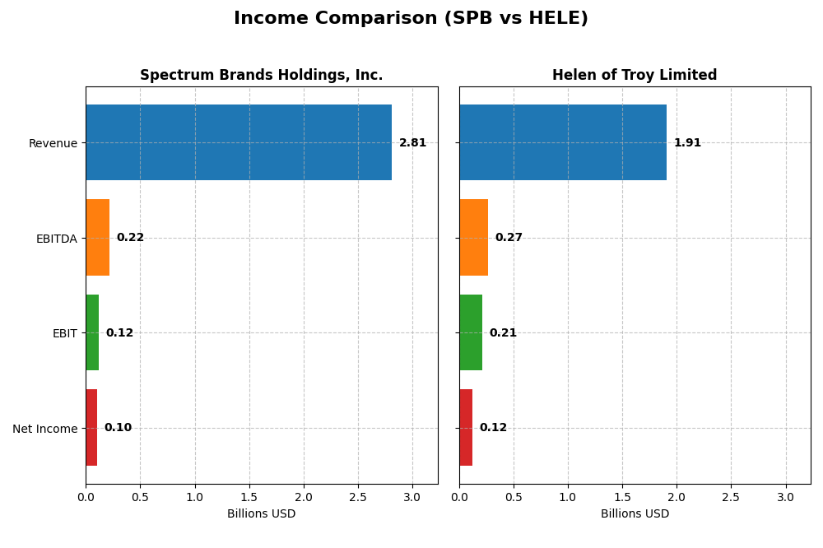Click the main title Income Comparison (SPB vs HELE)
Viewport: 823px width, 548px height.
tap(411, 18)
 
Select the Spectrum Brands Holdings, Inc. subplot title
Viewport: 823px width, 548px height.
tap(261, 75)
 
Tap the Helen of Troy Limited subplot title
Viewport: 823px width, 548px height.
tap(635, 75)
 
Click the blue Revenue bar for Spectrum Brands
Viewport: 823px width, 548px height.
tap(239, 142)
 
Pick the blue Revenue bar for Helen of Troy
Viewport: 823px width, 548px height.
tap(563, 142)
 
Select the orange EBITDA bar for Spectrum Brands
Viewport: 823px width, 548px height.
tap(98, 238)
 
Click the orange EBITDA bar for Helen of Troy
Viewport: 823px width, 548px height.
tap(474, 238)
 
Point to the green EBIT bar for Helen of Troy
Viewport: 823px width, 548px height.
tap(471, 332)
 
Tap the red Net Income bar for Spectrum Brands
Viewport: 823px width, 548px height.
tap(91, 428)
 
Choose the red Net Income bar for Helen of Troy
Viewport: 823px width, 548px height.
tap(466, 428)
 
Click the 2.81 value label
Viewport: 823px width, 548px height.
tap(412, 143)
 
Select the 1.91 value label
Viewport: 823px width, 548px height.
tap(687, 143)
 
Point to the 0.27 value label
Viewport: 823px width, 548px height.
tap(509, 238)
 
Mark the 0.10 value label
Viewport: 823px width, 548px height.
tap(118, 428)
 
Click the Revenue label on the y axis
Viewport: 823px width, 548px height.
tap(53, 143)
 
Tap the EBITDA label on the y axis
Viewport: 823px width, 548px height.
tap(56, 239)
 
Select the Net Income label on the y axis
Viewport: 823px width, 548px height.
tap(45, 429)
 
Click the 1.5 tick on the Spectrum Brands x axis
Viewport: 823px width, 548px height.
tap(249, 497)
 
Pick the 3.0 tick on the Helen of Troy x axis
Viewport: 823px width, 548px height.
tap(785, 497)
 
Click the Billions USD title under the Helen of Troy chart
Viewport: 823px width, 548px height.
tap(635, 513)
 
